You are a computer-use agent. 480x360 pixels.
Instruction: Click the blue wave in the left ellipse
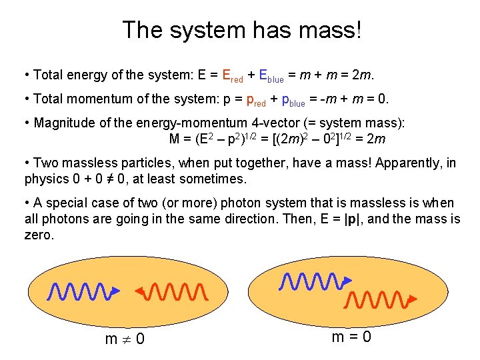(79, 291)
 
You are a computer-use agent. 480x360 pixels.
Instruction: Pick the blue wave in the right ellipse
(310, 282)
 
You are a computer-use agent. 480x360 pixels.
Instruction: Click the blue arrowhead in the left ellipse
(115, 291)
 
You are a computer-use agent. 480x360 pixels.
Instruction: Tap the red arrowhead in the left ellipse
(141, 291)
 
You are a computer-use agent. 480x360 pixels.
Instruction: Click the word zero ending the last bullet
(38, 235)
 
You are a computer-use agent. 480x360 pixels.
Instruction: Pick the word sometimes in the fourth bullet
(215, 179)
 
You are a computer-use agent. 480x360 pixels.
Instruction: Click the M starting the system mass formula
(176, 140)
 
